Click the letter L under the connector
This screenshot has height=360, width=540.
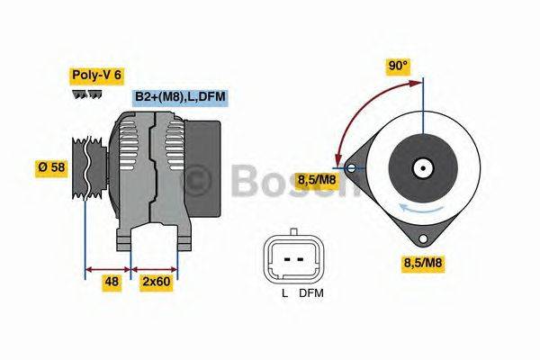(x=283, y=293)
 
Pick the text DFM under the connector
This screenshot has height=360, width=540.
(x=311, y=293)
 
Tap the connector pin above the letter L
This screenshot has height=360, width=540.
(x=286, y=259)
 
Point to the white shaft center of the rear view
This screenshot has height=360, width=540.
(x=421, y=167)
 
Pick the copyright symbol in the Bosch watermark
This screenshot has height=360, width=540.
(x=200, y=180)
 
